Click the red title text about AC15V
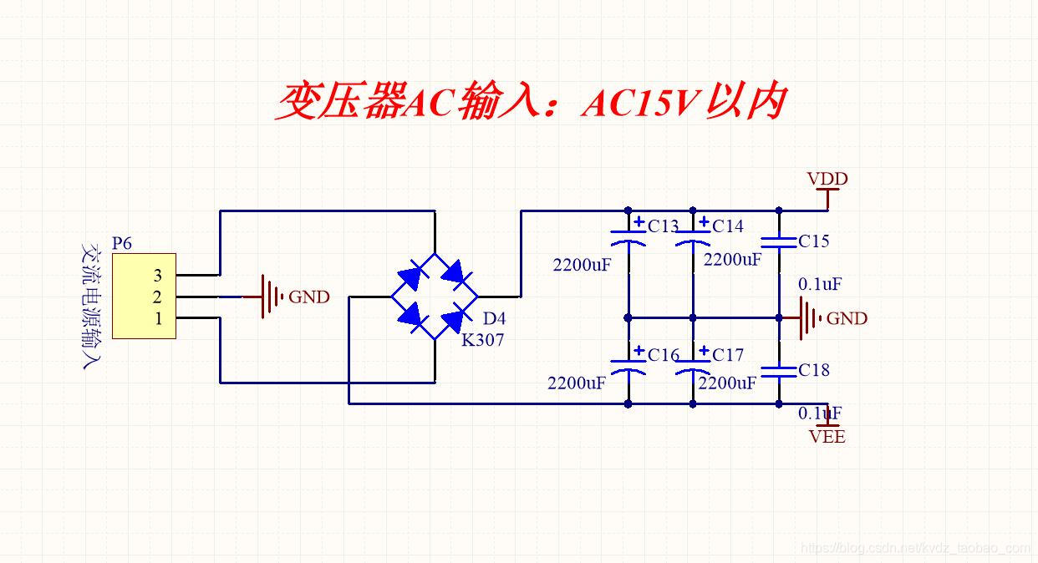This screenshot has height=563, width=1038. pyautogui.click(x=531, y=102)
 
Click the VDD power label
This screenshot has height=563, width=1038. pyautogui.click(x=827, y=179)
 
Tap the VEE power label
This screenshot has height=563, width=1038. pyautogui.click(x=827, y=436)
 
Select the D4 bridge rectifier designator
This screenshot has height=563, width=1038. pyautogui.click(x=494, y=318)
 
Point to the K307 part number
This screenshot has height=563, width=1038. pyautogui.click(x=483, y=339)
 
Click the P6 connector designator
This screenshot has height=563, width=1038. pyautogui.click(x=122, y=243)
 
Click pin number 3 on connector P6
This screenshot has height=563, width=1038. pyautogui.click(x=157, y=275)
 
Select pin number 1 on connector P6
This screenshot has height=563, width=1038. pyautogui.click(x=157, y=318)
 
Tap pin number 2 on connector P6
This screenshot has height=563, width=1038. pyautogui.click(x=157, y=297)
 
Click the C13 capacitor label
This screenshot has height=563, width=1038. pyautogui.click(x=663, y=226)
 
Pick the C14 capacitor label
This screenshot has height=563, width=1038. pyautogui.click(x=727, y=226)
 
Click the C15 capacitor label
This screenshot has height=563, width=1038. pyautogui.click(x=813, y=241)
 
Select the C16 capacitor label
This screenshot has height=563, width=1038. pyautogui.click(x=663, y=355)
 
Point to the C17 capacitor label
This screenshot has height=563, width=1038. pyautogui.click(x=727, y=355)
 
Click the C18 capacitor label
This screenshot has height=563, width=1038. pyautogui.click(x=813, y=370)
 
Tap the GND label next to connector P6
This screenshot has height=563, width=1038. pyautogui.click(x=309, y=297)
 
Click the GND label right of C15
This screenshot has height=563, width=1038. pyautogui.click(x=847, y=318)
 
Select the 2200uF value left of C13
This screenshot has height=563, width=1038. pyautogui.click(x=582, y=265)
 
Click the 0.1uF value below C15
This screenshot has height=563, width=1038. pyautogui.click(x=819, y=284)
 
